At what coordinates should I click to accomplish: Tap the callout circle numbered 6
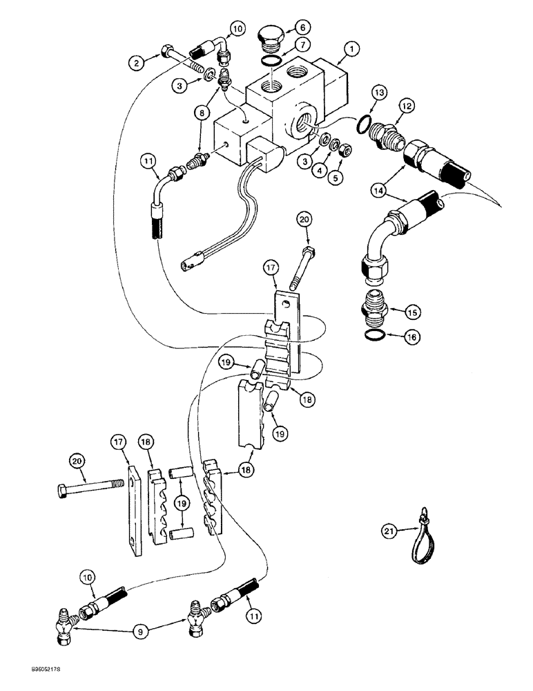[304, 28]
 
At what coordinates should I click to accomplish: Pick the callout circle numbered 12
[407, 106]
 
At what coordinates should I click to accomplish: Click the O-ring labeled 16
[375, 335]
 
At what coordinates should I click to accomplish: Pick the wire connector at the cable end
[190, 263]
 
